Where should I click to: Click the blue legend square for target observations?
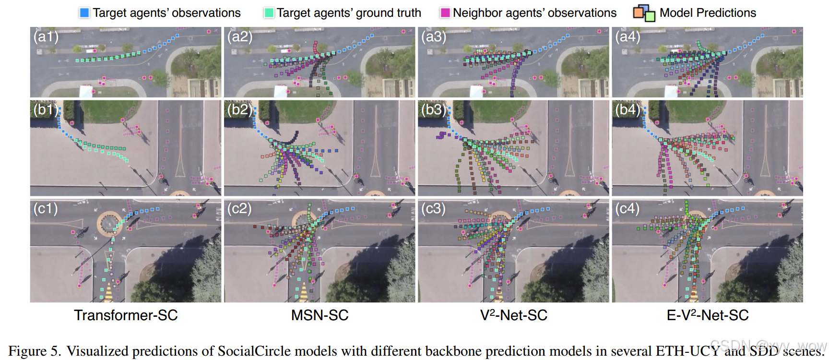[x=84, y=13]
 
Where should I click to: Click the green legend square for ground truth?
[x=269, y=13]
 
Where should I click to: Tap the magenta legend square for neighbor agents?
[x=445, y=13]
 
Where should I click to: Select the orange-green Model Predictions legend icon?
[x=644, y=13]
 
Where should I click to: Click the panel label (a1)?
[x=46, y=37]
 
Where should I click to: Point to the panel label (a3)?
[x=434, y=37]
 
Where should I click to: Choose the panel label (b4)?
[x=628, y=110]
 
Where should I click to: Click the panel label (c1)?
[x=46, y=209]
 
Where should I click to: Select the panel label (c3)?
[x=434, y=209]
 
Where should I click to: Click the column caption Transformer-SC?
[x=126, y=315]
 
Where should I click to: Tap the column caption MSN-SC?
[x=320, y=315]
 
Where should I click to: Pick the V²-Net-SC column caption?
[x=513, y=315]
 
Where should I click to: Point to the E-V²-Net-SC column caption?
[x=708, y=315]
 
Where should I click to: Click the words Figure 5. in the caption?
[x=35, y=351]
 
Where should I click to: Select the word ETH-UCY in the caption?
[x=687, y=351]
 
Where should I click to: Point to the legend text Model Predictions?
[x=708, y=13]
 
